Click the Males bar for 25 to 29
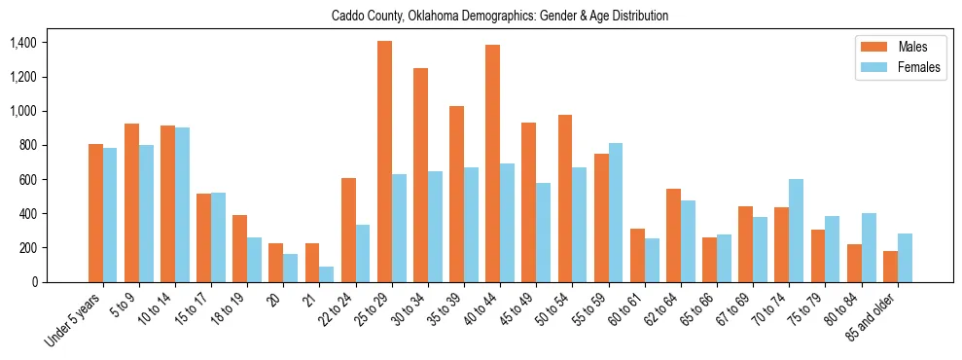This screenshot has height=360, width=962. tap(384, 162)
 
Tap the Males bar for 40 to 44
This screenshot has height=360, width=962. tap(493, 163)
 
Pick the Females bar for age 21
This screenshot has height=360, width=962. tap(327, 274)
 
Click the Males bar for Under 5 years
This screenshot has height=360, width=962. tap(95, 213)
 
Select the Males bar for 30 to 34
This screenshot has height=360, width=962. tap(420, 175)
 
